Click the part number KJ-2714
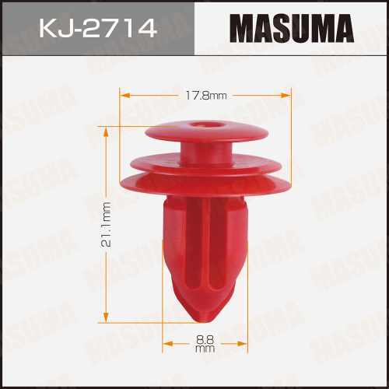pyautogui.click(x=97, y=30)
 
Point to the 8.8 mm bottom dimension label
pyautogui.click(x=205, y=343)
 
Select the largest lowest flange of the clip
pyautogui.click(x=205, y=187)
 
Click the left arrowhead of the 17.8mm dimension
pyautogui.click(x=122, y=96)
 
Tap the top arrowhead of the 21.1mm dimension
pyautogui.click(x=107, y=129)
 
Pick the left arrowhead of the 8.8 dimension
pyautogui.click(x=166, y=343)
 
